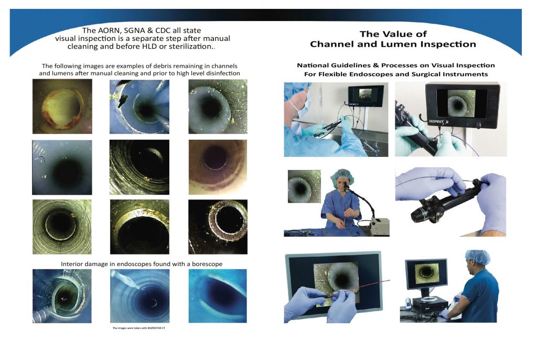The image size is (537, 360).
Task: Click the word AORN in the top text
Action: [113, 31]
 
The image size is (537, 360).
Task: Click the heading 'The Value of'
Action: [393, 34]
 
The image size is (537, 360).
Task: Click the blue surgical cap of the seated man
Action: [477, 257]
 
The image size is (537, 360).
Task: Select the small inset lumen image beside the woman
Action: [304, 186]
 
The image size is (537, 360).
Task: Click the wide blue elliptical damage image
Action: [217, 296]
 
